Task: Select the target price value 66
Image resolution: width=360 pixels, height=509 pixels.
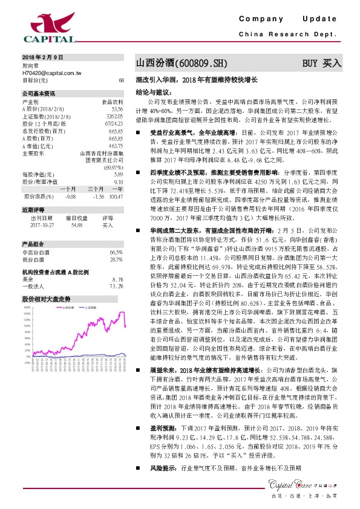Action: [x=122, y=80]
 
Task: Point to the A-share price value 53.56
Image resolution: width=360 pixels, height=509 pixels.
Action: [x=118, y=108]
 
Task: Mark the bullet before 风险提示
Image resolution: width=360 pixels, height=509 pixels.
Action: [x=137, y=467]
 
